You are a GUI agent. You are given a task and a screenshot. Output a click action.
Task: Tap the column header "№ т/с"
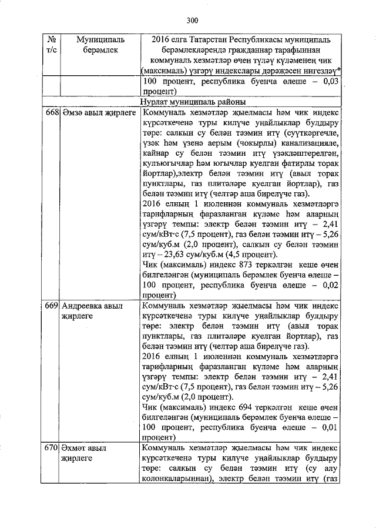click(50, 45)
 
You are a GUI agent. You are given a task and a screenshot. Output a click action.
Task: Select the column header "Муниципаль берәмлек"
click(100, 45)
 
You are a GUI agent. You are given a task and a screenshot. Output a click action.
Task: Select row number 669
click(51, 306)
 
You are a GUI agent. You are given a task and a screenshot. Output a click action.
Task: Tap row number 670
click(51, 449)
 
